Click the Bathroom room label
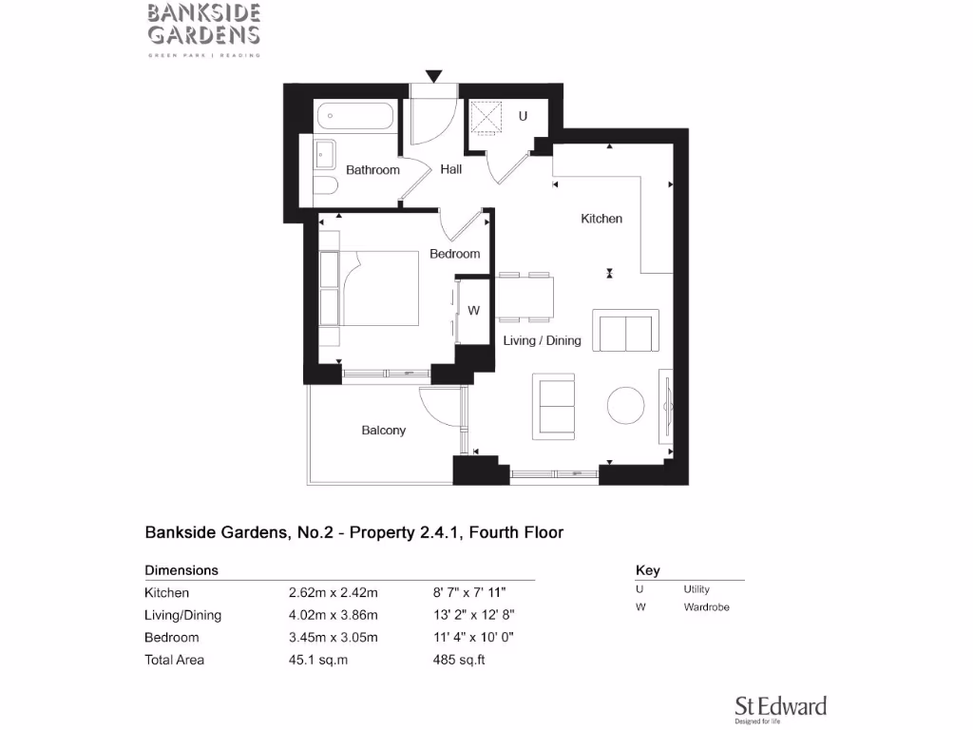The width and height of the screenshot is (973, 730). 372,170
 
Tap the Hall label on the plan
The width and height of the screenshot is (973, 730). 451,169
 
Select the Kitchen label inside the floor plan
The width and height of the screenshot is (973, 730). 601,219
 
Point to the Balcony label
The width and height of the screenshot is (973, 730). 383,431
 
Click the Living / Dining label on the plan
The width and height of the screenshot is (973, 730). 542,340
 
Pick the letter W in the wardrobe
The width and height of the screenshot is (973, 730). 473,311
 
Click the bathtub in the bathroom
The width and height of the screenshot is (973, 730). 353,117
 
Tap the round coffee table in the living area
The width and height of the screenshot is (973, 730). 627,405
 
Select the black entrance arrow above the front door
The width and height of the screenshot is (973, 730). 434,76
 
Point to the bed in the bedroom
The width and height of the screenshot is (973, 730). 380,287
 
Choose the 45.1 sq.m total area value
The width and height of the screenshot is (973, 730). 317,660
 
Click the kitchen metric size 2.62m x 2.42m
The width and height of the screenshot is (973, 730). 333,593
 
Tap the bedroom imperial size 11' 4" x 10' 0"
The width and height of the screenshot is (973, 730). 474,638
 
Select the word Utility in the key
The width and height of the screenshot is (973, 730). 696,590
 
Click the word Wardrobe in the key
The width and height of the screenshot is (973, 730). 706,607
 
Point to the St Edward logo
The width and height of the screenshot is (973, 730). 780,708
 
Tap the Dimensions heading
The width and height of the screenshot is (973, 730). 181,571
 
